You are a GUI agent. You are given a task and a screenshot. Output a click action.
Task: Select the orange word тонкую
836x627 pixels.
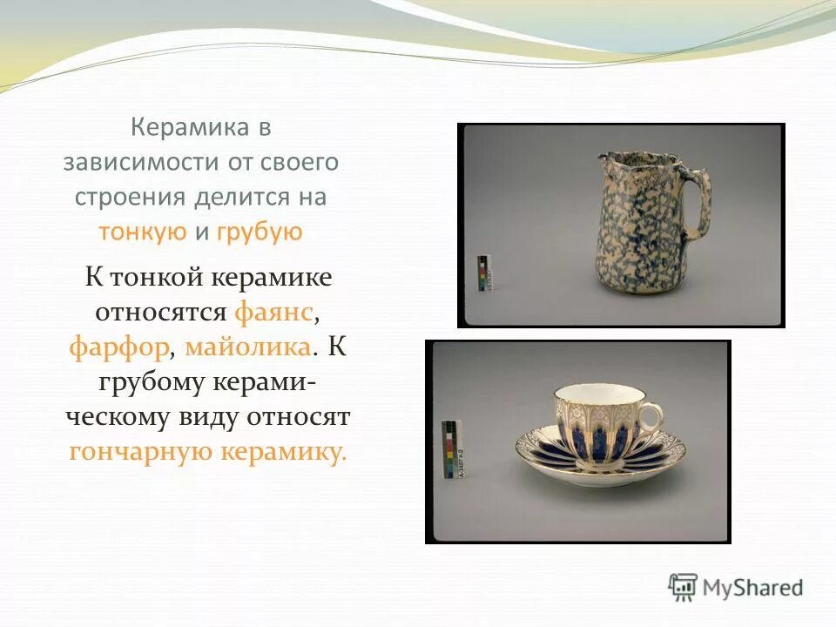click(x=143, y=232)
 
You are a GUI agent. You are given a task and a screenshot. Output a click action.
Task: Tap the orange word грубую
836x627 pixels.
click(x=259, y=232)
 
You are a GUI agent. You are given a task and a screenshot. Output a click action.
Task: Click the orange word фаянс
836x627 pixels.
click(x=273, y=312)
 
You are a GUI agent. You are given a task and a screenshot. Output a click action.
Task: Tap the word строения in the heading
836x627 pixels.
click(x=129, y=197)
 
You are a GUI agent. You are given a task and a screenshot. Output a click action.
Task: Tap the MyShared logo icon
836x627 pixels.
click(x=684, y=588)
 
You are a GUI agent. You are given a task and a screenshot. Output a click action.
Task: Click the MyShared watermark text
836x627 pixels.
click(x=752, y=588)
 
